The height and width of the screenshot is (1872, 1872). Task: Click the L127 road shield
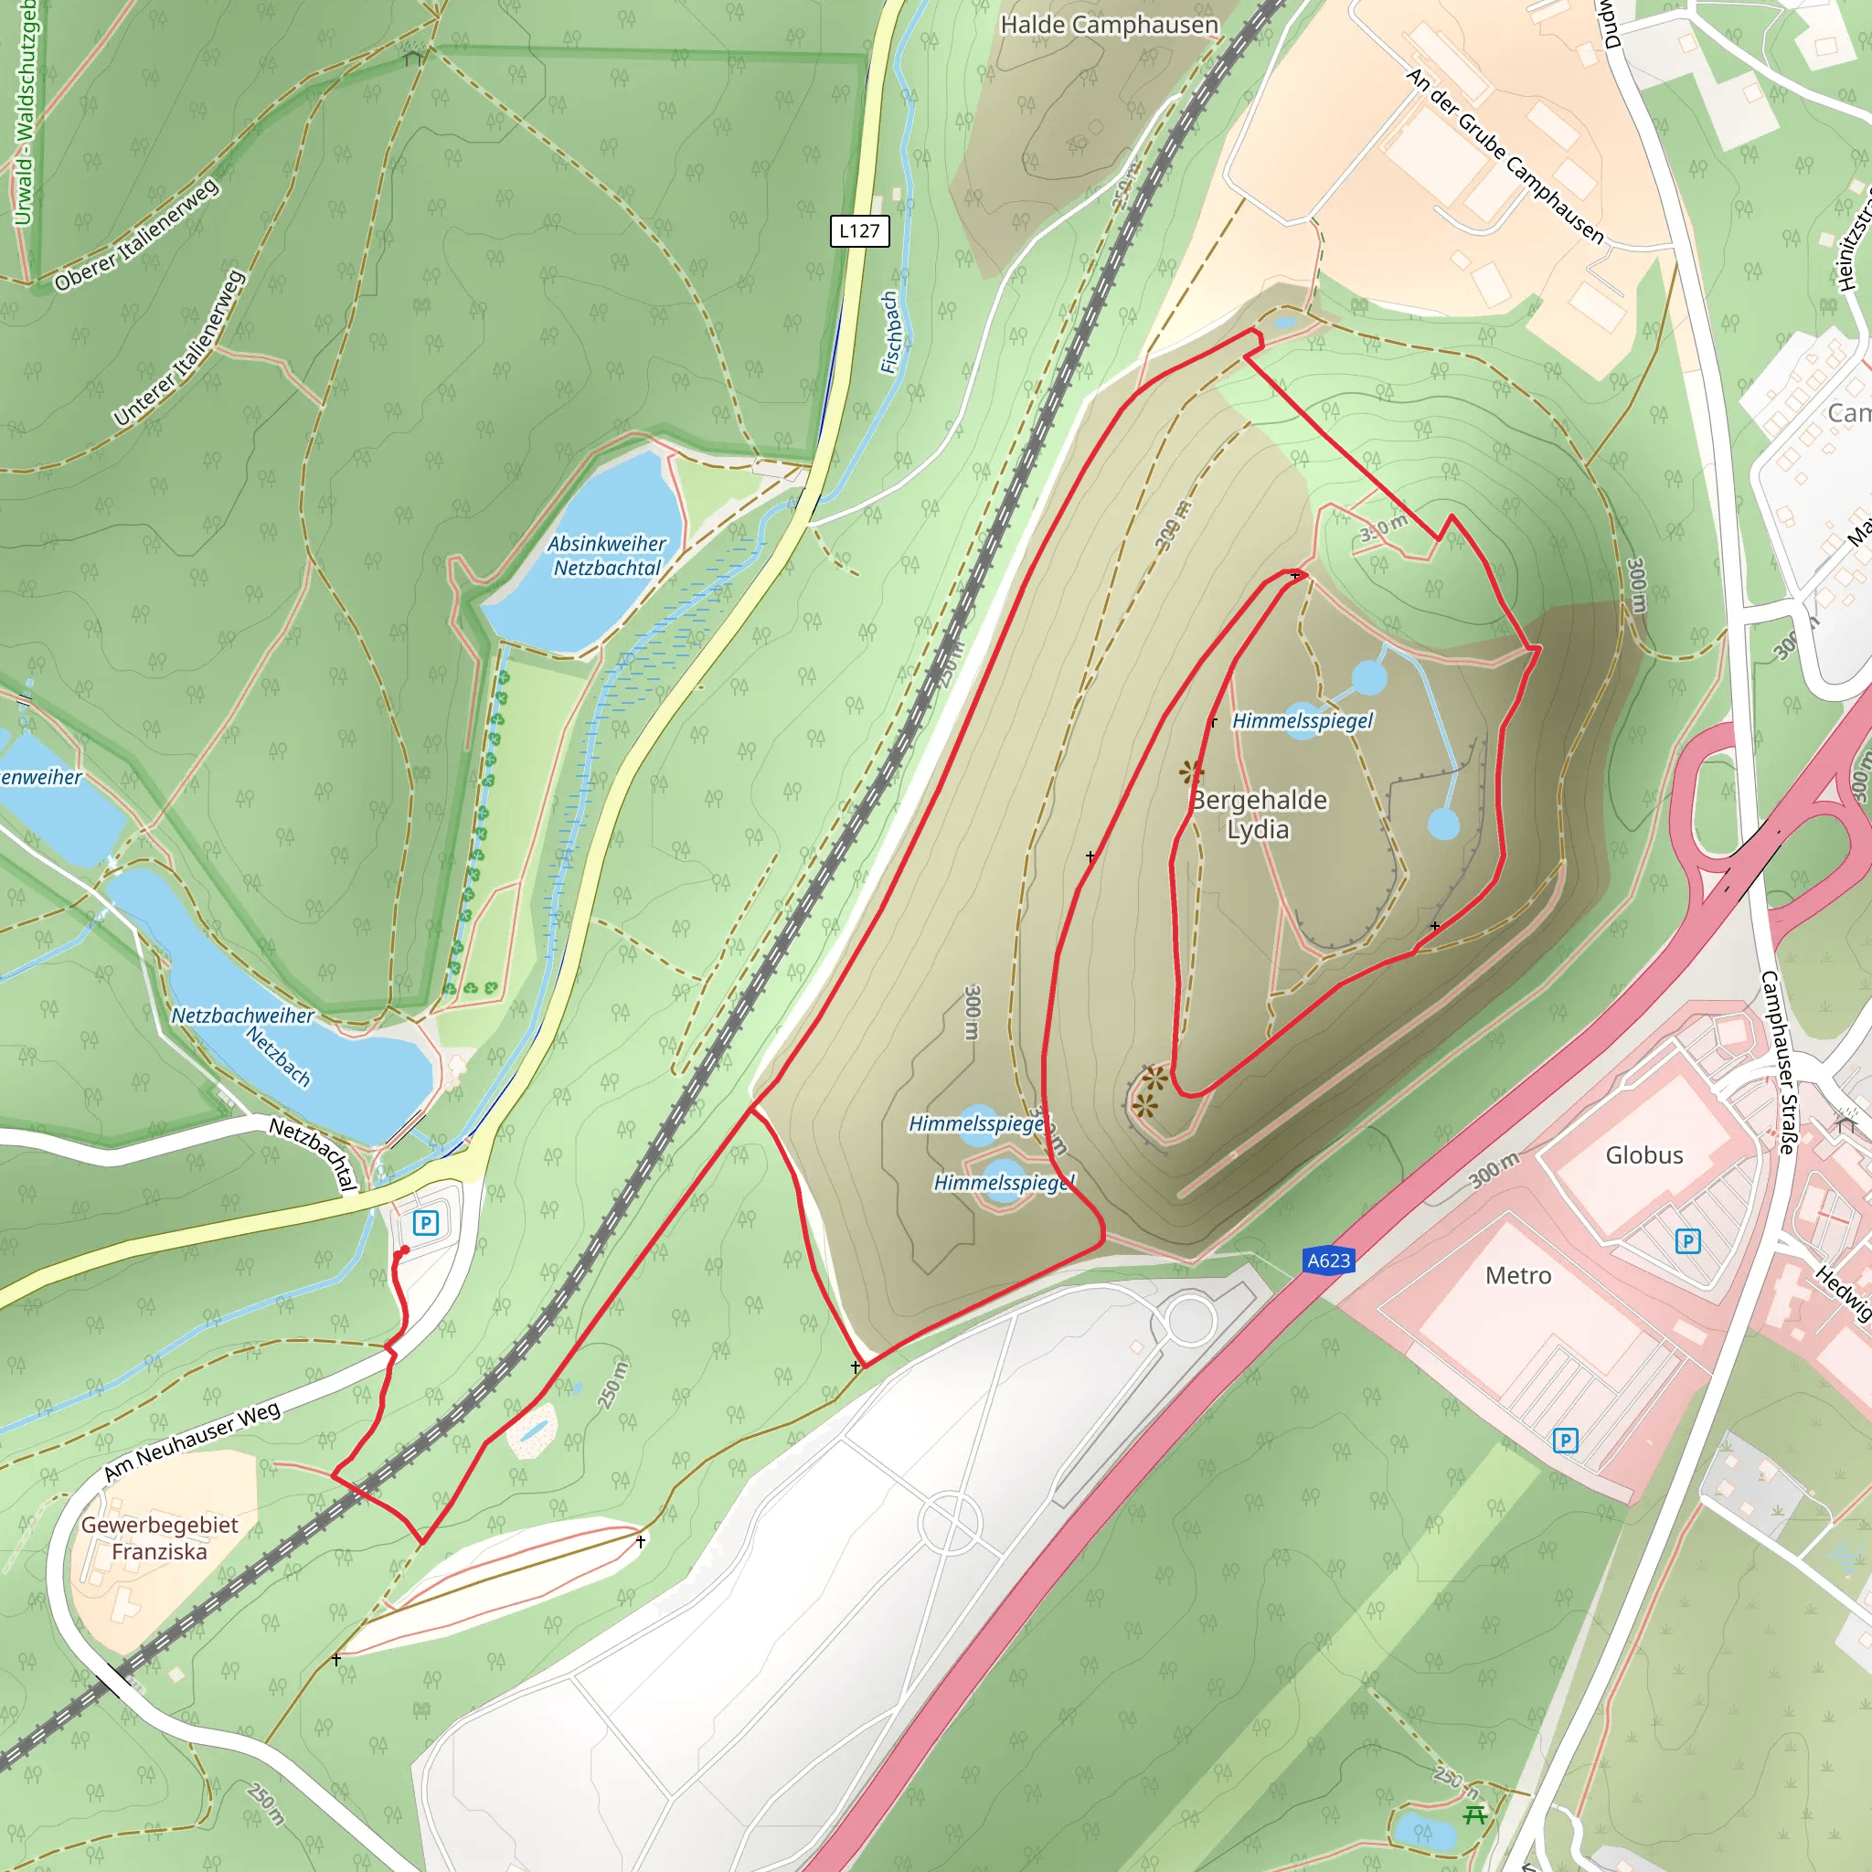coord(859,230)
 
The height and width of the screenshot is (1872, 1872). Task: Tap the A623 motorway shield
coord(1327,1260)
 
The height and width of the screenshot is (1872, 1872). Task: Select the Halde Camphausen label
coord(1109,26)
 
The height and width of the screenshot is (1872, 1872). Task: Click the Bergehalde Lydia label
coord(1258,814)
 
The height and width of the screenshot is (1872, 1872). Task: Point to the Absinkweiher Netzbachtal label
coord(607,555)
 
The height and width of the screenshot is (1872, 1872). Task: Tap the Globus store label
coord(1643,1154)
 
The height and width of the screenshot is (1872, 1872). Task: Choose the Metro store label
coord(1517,1275)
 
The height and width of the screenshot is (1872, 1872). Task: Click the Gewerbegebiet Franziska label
coord(159,1537)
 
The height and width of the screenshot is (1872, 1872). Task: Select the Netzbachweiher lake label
coord(242,1016)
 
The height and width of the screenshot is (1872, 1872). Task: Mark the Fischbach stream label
coord(889,333)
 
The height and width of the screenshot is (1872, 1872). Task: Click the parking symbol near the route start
coord(425,1223)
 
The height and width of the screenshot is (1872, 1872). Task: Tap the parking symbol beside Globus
coord(1688,1241)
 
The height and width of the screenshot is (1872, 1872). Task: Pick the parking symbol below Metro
coord(1565,1441)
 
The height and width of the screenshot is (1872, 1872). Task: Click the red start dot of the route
coord(404,1251)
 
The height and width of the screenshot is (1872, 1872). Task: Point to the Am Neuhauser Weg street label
coord(192,1441)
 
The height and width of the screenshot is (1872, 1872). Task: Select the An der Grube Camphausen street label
coord(1504,155)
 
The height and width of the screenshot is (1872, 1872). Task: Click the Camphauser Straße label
coord(1777,1061)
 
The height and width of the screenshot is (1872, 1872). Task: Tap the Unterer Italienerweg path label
coord(179,348)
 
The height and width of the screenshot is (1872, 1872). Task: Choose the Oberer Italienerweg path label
coord(136,236)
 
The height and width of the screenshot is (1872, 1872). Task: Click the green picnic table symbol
coord(1474,1813)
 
